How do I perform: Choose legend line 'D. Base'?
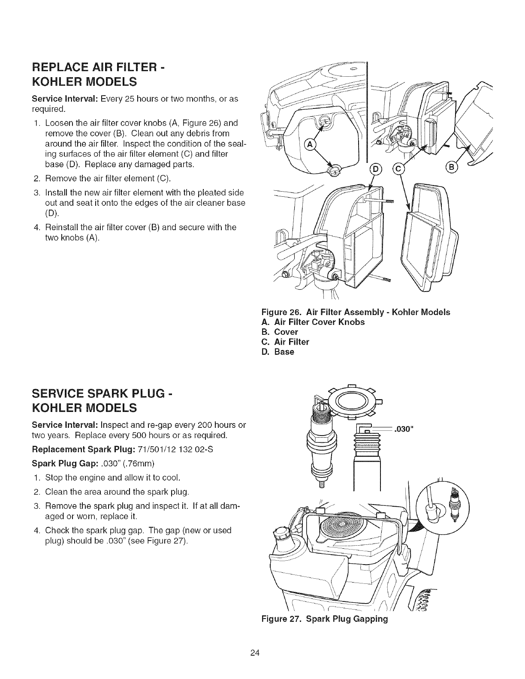pyautogui.click(x=278, y=352)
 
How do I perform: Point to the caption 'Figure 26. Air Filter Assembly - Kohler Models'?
pyautogui.click(x=356, y=312)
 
